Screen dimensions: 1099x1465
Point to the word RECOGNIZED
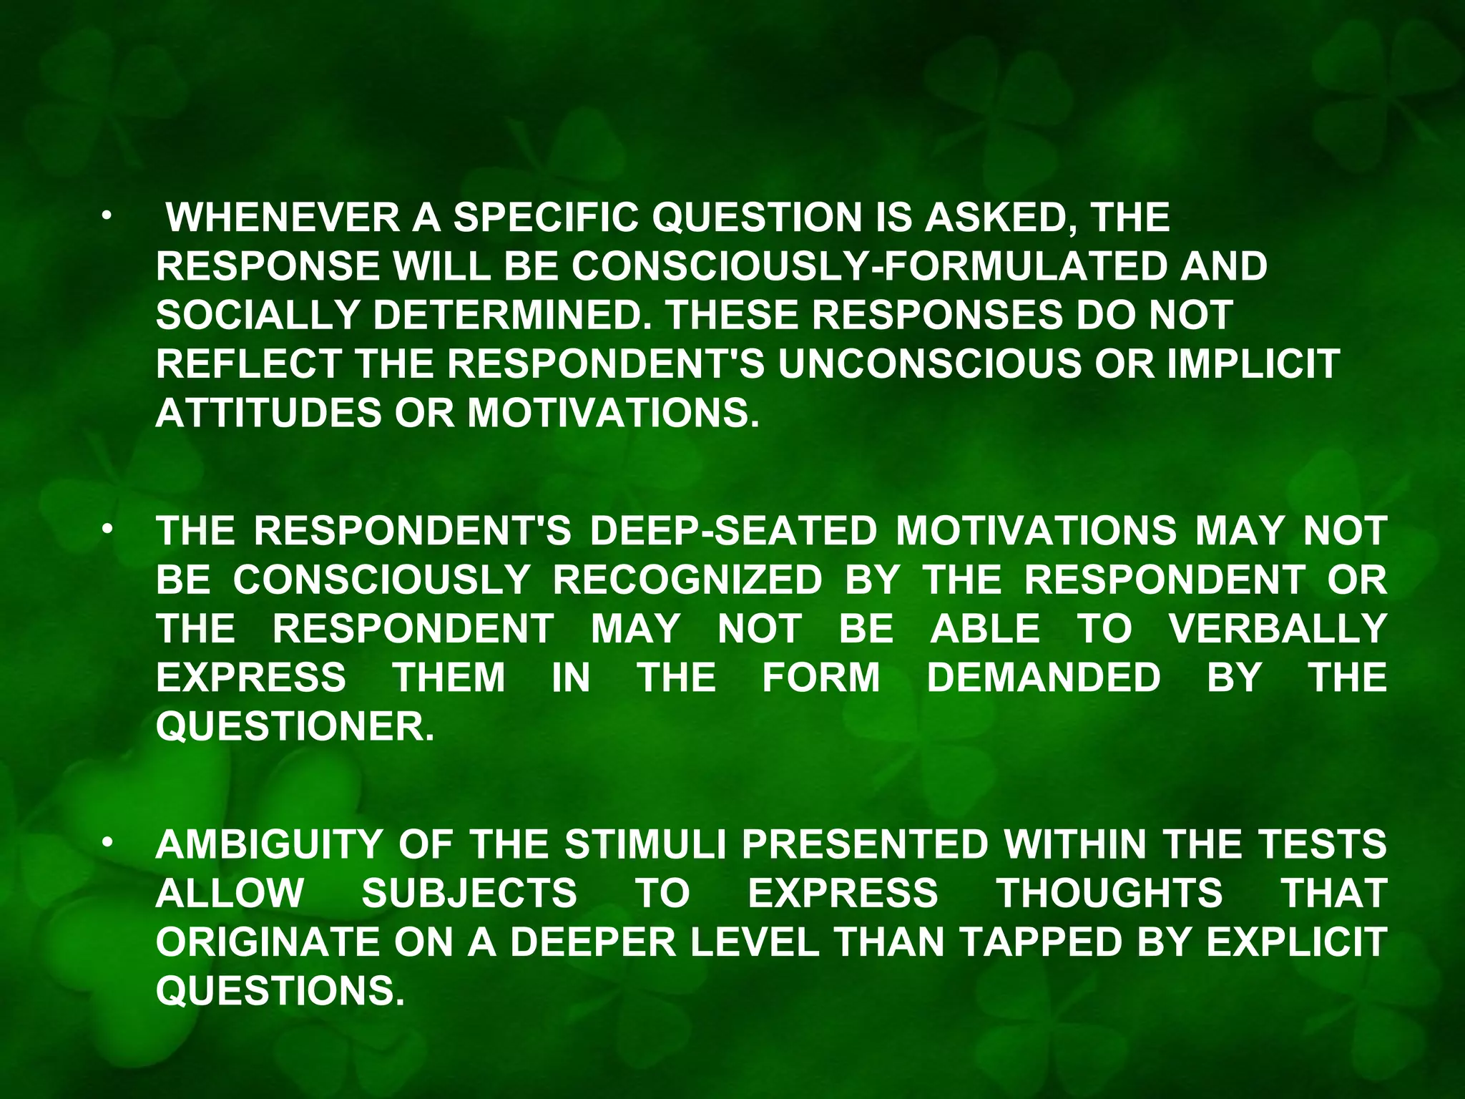(x=687, y=580)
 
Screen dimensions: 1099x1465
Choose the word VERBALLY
(x=1278, y=629)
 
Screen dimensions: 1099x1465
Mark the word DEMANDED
(x=1044, y=678)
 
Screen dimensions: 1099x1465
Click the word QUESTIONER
(x=295, y=727)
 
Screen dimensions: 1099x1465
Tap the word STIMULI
(x=645, y=844)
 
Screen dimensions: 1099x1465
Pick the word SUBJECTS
(x=469, y=893)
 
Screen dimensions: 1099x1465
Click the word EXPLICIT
(x=1296, y=942)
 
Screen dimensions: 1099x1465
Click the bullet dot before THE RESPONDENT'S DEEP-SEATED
(x=107, y=529)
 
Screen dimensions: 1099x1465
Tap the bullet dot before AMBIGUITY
(x=107, y=843)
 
